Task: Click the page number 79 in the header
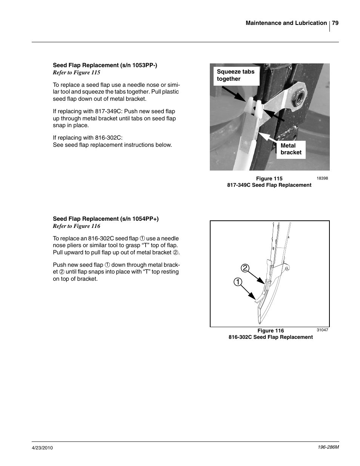[x=335, y=23]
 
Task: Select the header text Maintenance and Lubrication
[x=286, y=23]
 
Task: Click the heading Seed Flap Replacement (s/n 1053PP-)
[x=105, y=65]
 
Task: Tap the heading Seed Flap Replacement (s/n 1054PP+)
[x=106, y=219]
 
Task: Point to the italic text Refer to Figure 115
[x=77, y=72]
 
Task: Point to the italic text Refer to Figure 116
[x=77, y=226]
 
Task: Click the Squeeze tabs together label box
[x=236, y=75]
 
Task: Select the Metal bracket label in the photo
[x=291, y=149]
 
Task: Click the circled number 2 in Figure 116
[x=245, y=268]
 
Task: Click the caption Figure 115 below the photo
[x=269, y=178]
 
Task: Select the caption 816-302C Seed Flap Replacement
[x=271, y=337]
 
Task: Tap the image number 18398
[x=322, y=178]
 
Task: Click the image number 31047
[x=322, y=330]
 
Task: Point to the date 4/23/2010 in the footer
[x=42, y=448]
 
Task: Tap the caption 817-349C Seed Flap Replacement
[x=269, y=185]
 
